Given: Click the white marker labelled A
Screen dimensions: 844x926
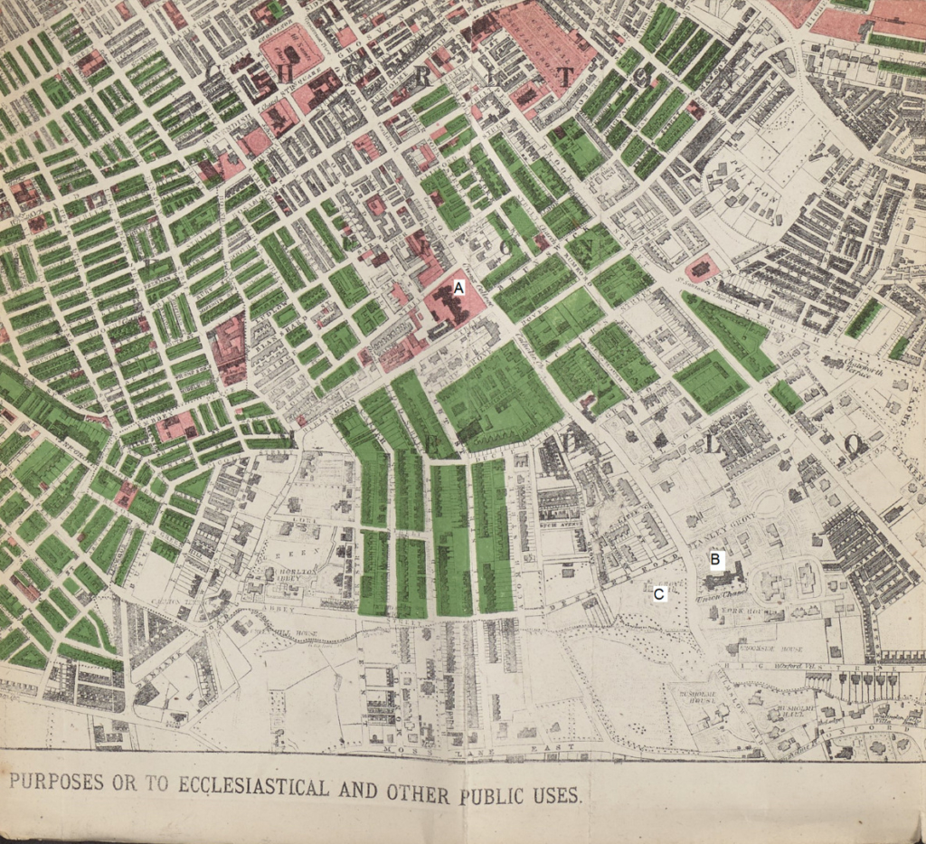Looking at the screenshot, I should [x=458, y=287].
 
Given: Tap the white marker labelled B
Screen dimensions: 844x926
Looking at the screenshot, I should [x=714, y=560].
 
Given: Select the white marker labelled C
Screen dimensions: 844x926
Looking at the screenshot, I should [x=660, y=594].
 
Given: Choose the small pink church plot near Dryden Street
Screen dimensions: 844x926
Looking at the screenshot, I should [x=702, y=269].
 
